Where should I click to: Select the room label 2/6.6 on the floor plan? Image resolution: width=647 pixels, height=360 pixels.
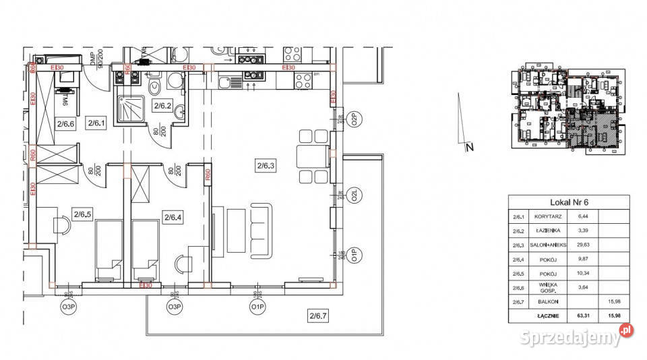coord(65,123)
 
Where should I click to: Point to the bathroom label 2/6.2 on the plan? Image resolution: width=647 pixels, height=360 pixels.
coord(163,105)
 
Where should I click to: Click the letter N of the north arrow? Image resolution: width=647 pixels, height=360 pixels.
coord(471,146)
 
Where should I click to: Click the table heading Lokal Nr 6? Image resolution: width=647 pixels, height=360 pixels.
coord(568,202)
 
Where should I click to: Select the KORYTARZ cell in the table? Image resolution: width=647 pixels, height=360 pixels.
coord(547,217)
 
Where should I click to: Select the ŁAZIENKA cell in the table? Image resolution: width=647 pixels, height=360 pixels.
coord(547,231)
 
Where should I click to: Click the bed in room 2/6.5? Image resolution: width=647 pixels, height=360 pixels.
coord(106,250)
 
